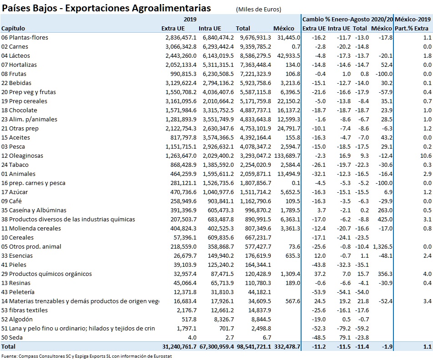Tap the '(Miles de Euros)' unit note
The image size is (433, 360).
[258, 10]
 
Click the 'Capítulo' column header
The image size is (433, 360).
[13, 29]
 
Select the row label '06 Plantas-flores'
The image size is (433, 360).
[25, 38]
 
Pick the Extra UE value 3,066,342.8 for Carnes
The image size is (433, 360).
[181, 47]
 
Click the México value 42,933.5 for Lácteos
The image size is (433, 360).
[287, 56]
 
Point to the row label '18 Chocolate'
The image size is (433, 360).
[19, 110]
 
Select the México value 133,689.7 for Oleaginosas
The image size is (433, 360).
[285, 156]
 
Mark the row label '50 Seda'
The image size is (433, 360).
[12, 338]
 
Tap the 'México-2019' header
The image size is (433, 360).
[413, 20]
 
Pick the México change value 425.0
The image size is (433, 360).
[385, 220]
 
